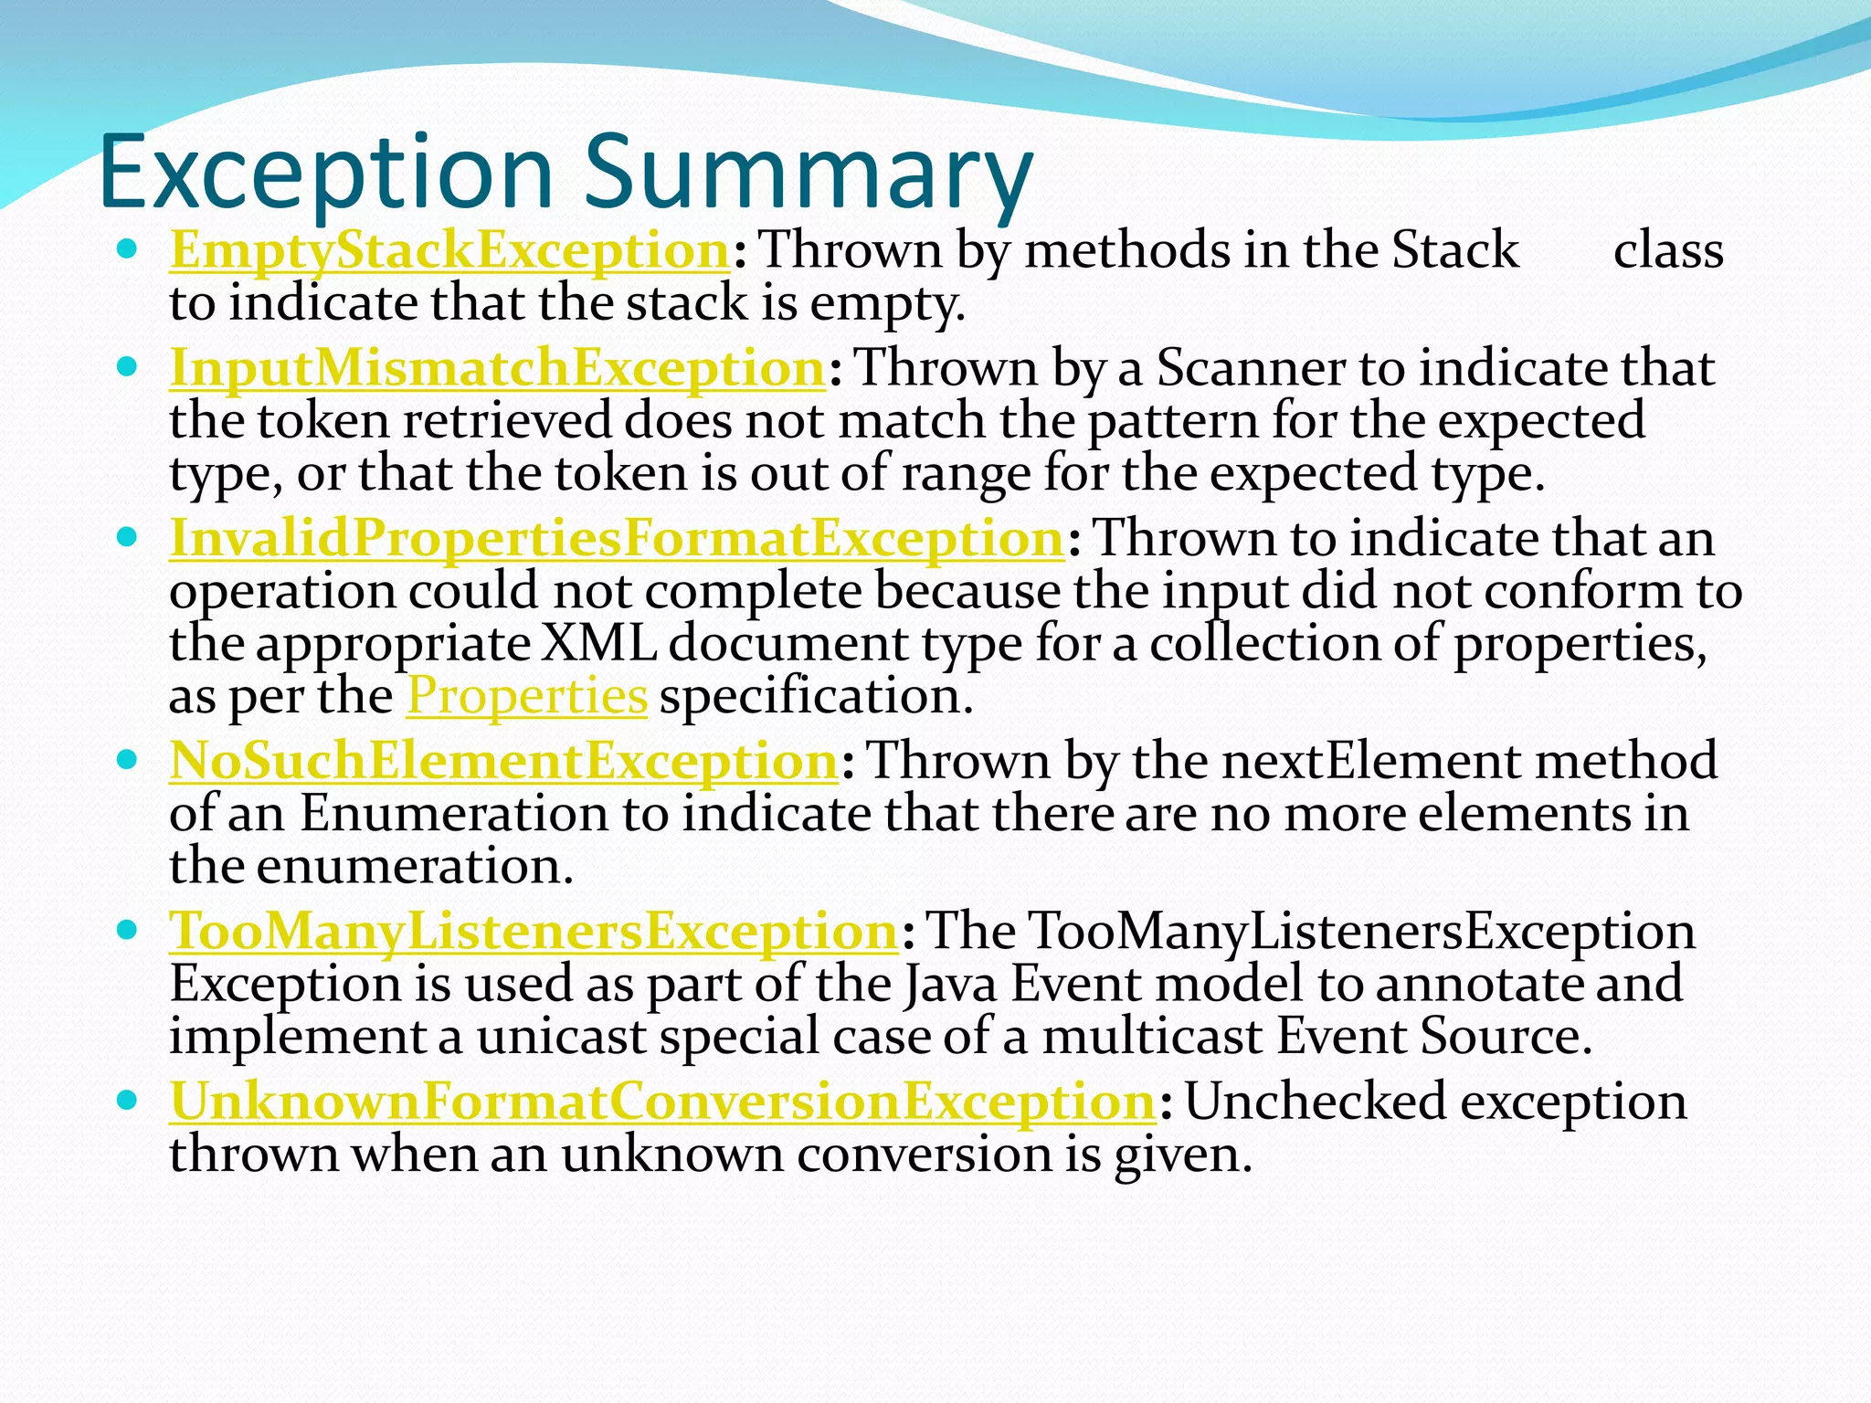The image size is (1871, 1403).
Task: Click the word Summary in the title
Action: click(808, 172)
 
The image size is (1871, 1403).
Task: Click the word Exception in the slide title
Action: click(325, 172)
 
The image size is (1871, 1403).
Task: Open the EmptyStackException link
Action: click(449, 249)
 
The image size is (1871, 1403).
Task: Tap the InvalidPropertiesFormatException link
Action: click(617, 538)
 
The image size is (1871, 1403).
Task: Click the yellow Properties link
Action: click(527, 696)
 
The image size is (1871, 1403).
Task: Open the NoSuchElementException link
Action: click(503, 760)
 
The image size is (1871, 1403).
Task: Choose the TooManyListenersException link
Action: click(534, 931)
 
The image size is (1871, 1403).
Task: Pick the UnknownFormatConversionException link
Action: click(663, 1101)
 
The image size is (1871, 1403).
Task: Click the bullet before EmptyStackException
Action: click(128, 248)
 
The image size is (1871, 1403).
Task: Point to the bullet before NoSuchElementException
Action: click(128, 759)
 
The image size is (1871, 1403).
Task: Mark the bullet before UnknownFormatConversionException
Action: click(128, 1100)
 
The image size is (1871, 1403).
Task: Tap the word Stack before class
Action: click(1455, 249)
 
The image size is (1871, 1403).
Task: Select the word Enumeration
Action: click(453, 813)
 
